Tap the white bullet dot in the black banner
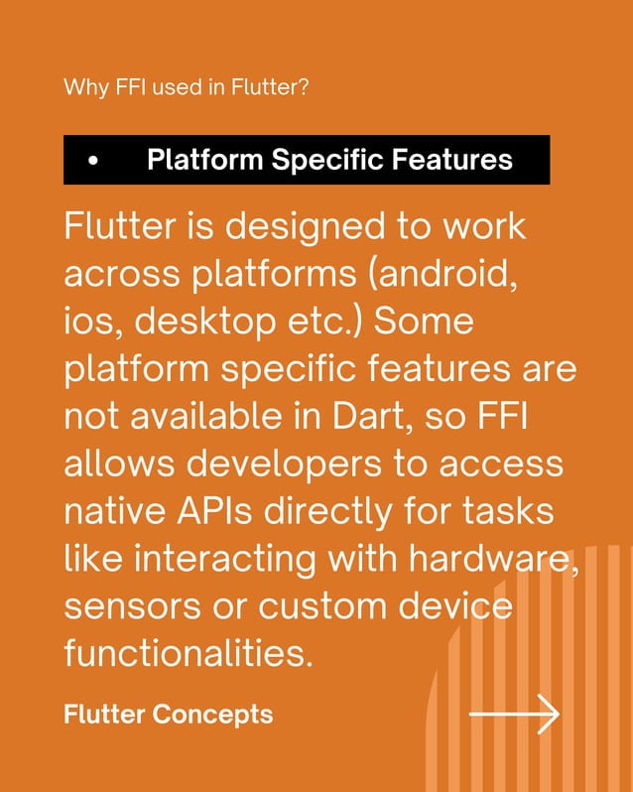tap(93, 161)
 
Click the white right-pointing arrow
tap(515, 714)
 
